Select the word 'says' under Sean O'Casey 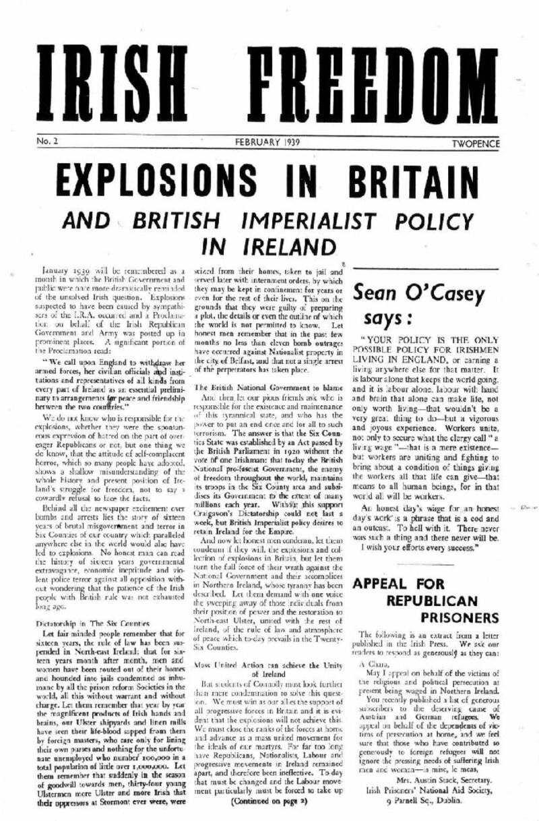click(411, 316)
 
